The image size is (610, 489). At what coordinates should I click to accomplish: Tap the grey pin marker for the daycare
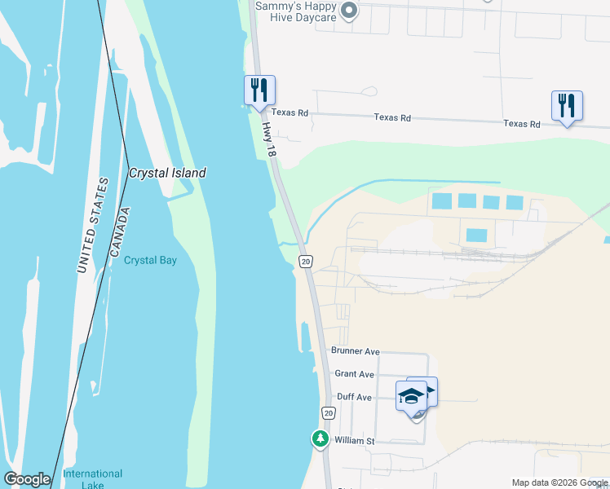349,11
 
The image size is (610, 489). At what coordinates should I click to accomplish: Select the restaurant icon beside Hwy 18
260,90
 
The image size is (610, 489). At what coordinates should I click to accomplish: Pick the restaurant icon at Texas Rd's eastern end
566,106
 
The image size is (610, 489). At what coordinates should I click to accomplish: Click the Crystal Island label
167,173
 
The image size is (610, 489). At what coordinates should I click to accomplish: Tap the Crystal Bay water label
150,261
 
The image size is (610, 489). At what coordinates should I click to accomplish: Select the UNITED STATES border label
91,225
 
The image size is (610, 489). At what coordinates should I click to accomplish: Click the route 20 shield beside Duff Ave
328,413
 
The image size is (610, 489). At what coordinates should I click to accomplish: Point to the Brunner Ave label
355,351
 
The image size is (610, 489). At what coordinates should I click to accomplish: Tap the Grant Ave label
354,374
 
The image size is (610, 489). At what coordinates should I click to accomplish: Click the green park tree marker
320,438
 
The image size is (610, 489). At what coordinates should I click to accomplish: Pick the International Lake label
93,479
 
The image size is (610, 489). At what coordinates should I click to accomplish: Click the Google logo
27,480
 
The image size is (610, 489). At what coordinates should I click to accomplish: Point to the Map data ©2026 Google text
559,482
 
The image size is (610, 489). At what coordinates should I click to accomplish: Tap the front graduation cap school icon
412,398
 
